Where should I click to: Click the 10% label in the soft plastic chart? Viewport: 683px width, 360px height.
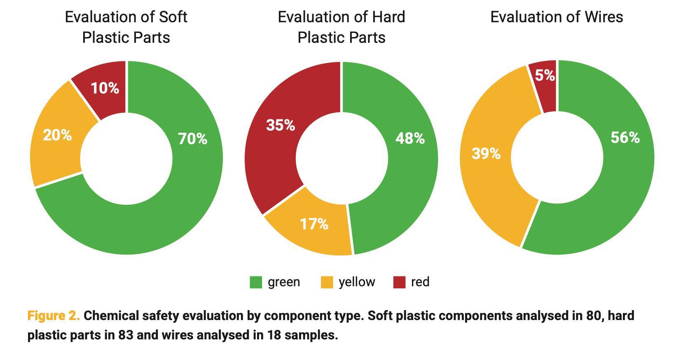[x=105, y=88]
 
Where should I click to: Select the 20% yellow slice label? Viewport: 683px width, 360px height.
[x=57, y=135]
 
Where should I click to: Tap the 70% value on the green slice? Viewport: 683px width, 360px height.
[x=192, y=139]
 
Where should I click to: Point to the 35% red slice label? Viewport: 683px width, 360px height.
[x=281, y=125]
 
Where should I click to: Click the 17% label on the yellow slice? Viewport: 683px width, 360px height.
[x=314, y=224]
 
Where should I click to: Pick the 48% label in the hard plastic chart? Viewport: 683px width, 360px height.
[x=410, y=138]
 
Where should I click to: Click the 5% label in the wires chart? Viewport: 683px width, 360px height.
[x=545, y=75]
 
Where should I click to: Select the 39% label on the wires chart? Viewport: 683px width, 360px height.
[x=486, y=154]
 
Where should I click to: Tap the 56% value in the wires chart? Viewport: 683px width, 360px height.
[x=625, y=138]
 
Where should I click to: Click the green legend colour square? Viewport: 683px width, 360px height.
[x=256, y=282]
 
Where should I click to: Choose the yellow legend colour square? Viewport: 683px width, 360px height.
[x=327, y=282]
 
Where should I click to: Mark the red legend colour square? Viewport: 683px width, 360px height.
[x=399, y=282]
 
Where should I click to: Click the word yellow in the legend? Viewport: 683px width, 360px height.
[x=357, y=282]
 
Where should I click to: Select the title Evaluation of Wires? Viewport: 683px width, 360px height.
[x=556, y=17]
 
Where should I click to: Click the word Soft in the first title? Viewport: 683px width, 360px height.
[x=172, y=17]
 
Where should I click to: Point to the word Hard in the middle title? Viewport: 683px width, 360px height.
[x=388, y=17]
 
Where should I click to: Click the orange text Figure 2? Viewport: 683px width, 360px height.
[x=54, y=316]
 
